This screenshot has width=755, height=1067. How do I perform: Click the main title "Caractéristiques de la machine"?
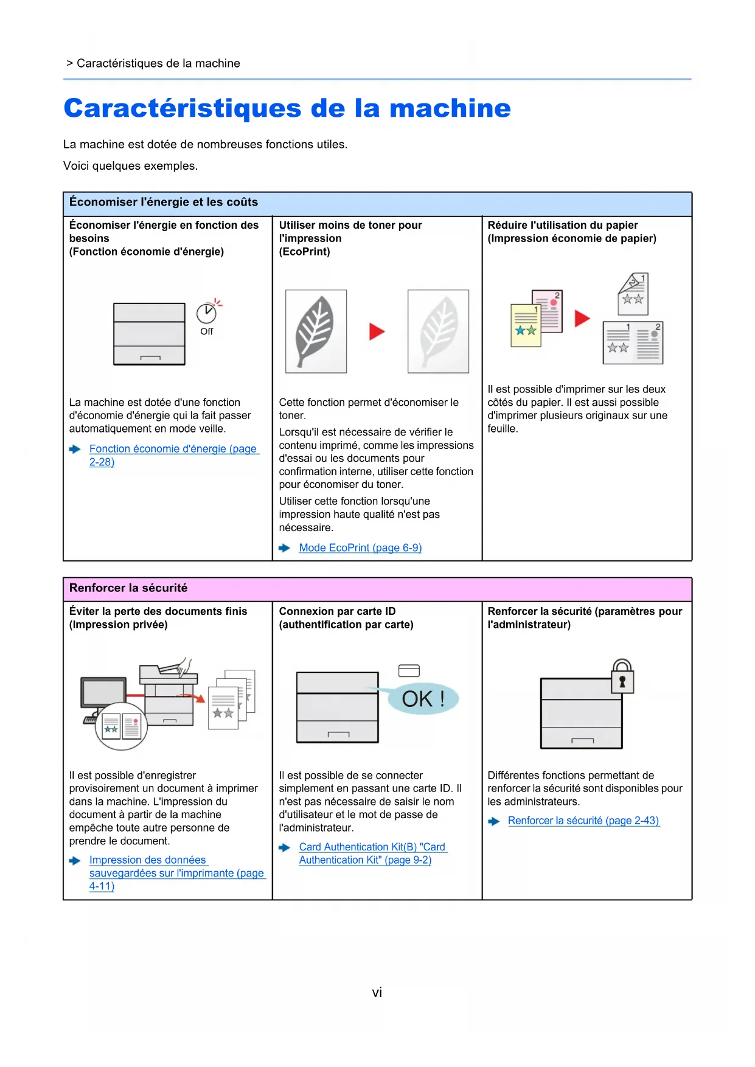coord(287,108)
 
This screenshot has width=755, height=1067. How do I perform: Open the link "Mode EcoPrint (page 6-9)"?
coord(360,548)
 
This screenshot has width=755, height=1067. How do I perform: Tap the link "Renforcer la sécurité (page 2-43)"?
coord(583,821)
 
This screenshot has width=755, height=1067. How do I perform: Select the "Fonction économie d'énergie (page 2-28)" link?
coord(173,449)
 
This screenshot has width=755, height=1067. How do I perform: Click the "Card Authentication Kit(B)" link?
coord(372,847)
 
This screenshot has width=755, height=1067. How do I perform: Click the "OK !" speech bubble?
coord(423,699)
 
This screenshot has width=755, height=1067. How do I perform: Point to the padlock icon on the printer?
coord(622,676)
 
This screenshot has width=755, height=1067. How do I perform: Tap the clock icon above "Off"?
coord(206,313)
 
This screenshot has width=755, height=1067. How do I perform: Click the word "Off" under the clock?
coord(207,332)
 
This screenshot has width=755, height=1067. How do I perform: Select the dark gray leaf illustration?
coord(316,332)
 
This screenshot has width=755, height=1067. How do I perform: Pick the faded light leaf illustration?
coord(438,332)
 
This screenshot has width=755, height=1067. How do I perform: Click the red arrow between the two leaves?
coord(377,332)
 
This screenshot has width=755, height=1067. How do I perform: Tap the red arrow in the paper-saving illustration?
coord(582,318)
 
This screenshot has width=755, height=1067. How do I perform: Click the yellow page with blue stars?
coord(525,326)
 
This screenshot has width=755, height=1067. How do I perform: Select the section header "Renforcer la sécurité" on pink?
coord(128,588)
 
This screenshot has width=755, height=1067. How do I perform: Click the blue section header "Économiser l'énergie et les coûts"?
coord(164,202)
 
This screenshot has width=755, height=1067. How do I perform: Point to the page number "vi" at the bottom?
coord(377,993)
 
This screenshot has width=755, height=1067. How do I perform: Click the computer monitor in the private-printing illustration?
coord(103,693)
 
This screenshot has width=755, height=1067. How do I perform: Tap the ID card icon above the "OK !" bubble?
coord(409,670)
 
